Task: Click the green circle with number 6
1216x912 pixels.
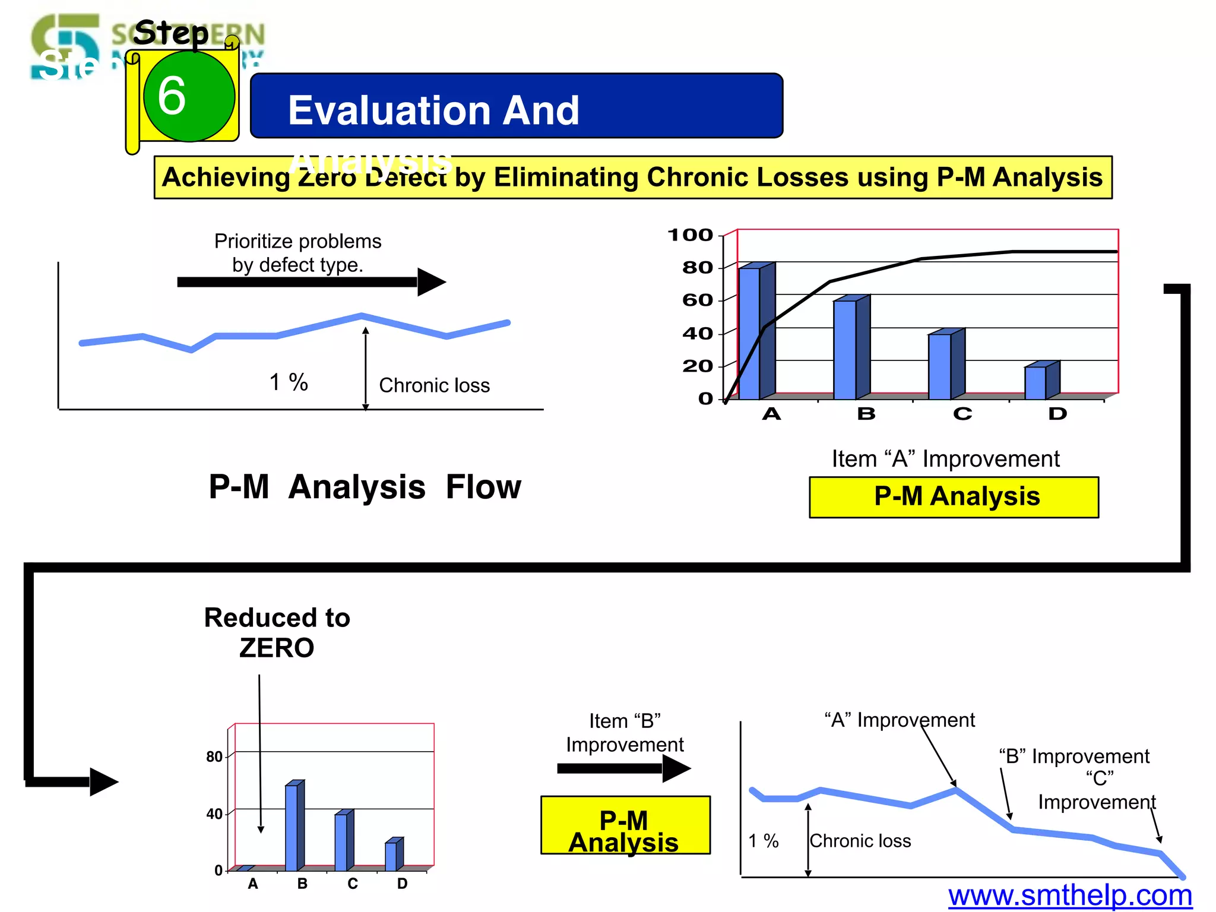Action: coord(189,96)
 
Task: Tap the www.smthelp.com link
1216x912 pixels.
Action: coord(1070,895)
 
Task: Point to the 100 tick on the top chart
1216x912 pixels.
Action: coord(690,235)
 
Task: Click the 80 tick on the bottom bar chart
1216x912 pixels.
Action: coord(214,757)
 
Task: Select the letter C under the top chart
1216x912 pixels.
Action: coord(962,414)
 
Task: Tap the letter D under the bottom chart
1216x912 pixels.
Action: coord(402,883)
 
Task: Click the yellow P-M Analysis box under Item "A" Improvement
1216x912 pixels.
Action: coord(954,497)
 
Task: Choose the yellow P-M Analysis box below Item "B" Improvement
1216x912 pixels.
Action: coord(625,825)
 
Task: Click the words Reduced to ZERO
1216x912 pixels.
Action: coord(277,632)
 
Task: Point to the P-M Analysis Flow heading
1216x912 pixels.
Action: coord(365,487)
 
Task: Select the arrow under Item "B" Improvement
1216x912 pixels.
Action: coord(623,768)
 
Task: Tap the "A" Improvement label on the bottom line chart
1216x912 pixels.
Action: coord(900,720)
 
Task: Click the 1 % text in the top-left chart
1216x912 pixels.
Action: coord(289,382)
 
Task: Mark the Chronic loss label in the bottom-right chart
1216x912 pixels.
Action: coord(860,841)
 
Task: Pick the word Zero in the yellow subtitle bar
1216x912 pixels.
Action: coord(327,178)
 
